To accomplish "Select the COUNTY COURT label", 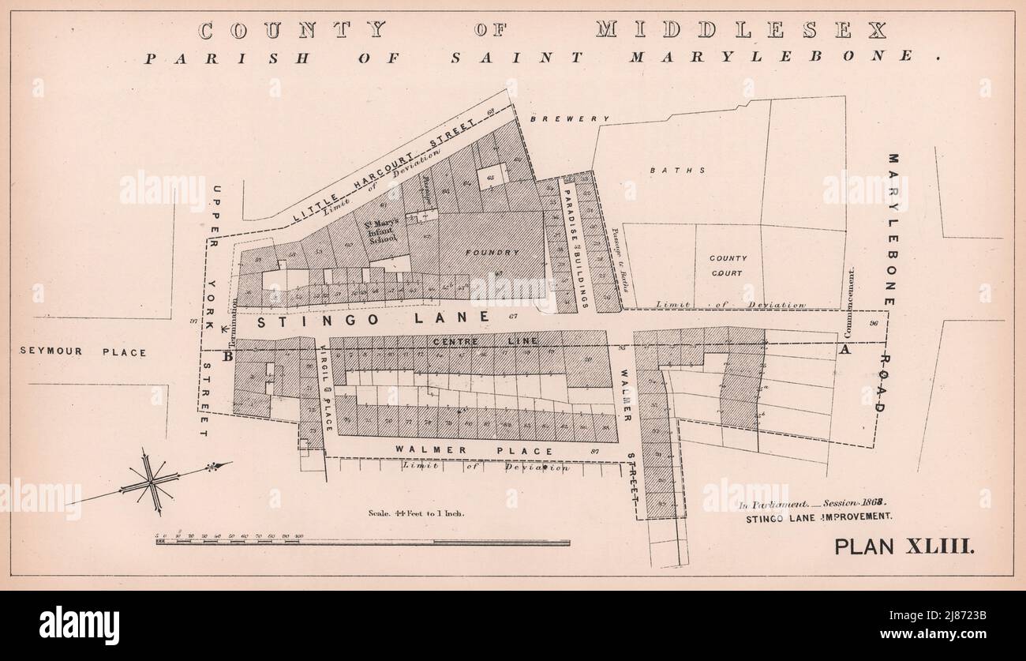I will pyautogui.click(x=727, y=265).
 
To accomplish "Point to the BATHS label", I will pyautogui.click(x=667, y=170).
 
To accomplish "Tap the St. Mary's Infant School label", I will pyautogui.click(x=380, y=231).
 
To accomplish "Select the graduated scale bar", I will pyautogui.click(x=362, y=542).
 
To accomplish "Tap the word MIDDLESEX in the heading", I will pyautogui.click(x=740, y=31).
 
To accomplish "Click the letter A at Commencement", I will pyautogui.click(x=846, y=350).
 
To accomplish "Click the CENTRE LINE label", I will pyautogui.click(x=485, y=340).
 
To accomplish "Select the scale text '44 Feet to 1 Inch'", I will pyautogui.click(x=417, y=513).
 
